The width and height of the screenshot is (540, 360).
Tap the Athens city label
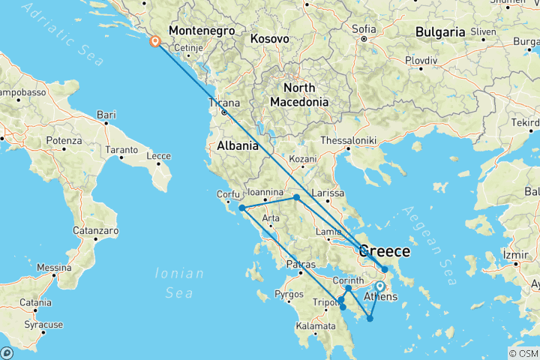[379, 298]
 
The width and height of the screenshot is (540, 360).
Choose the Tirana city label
[224, 103]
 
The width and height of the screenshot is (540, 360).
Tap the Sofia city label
[364, 29]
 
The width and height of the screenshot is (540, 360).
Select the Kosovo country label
[269, 37]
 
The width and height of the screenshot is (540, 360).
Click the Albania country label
[238, 145]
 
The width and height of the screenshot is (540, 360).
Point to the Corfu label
[228, 194]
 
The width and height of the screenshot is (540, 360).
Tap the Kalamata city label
[316, 326]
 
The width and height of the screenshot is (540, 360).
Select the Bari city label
[106, 115]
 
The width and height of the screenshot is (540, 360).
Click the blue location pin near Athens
[380, 286]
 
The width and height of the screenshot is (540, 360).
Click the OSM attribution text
[523, 353]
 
